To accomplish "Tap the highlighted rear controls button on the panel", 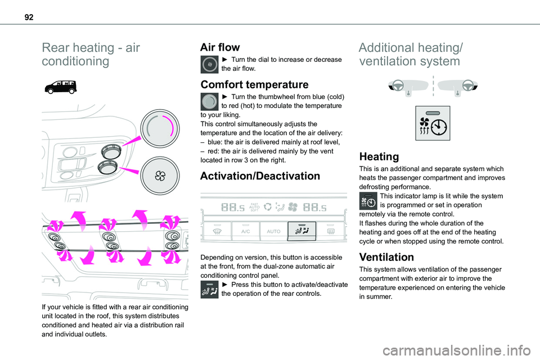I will (x=301, y=231).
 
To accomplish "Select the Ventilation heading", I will (x=386, y=257).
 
